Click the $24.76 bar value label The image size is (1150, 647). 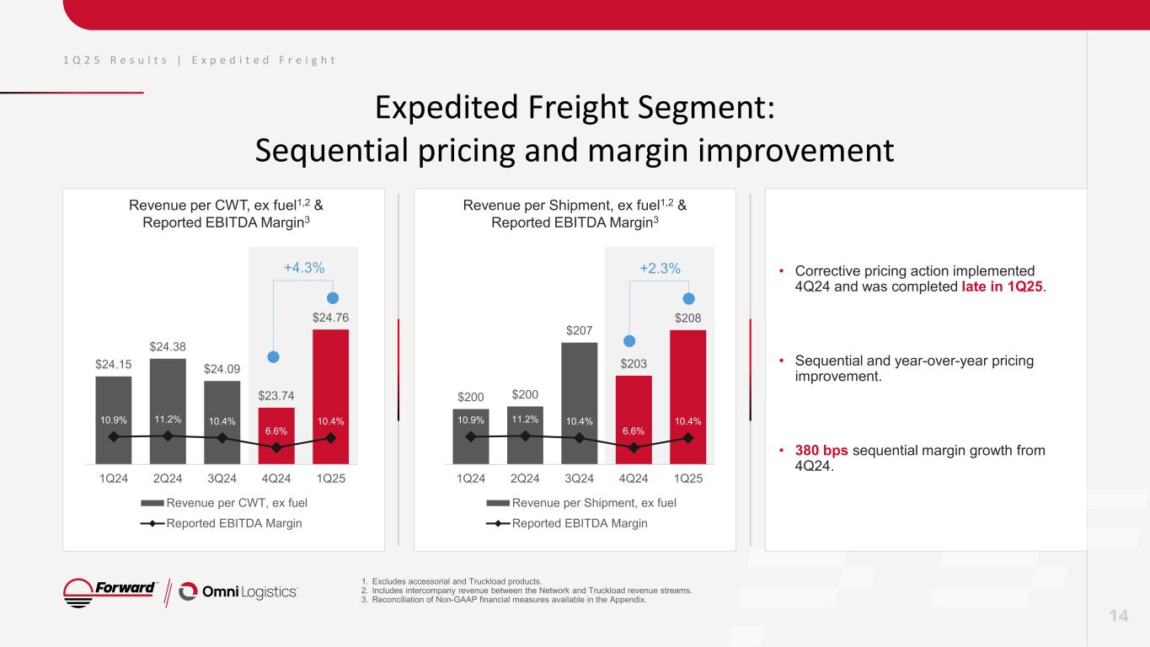click(x=331, y=318)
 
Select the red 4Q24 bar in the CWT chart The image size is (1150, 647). click(x=276, y=434)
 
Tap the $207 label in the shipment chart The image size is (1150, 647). click(x=580, y=331)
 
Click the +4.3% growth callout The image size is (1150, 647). click(x=304, y=268)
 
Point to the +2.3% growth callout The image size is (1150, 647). click(x=661, y=268)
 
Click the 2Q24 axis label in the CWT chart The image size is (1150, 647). click(x=168, y=479)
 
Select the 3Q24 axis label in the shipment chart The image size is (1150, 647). click(x=580, y=479)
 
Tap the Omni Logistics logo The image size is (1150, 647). click(x=239, y=592)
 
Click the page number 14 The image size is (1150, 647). click(x=1118, y=617)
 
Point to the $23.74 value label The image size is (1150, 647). click(x=276, y=395)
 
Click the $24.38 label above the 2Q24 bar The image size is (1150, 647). click(x=168, y=346)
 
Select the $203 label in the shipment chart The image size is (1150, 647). click(x=634, y=363)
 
